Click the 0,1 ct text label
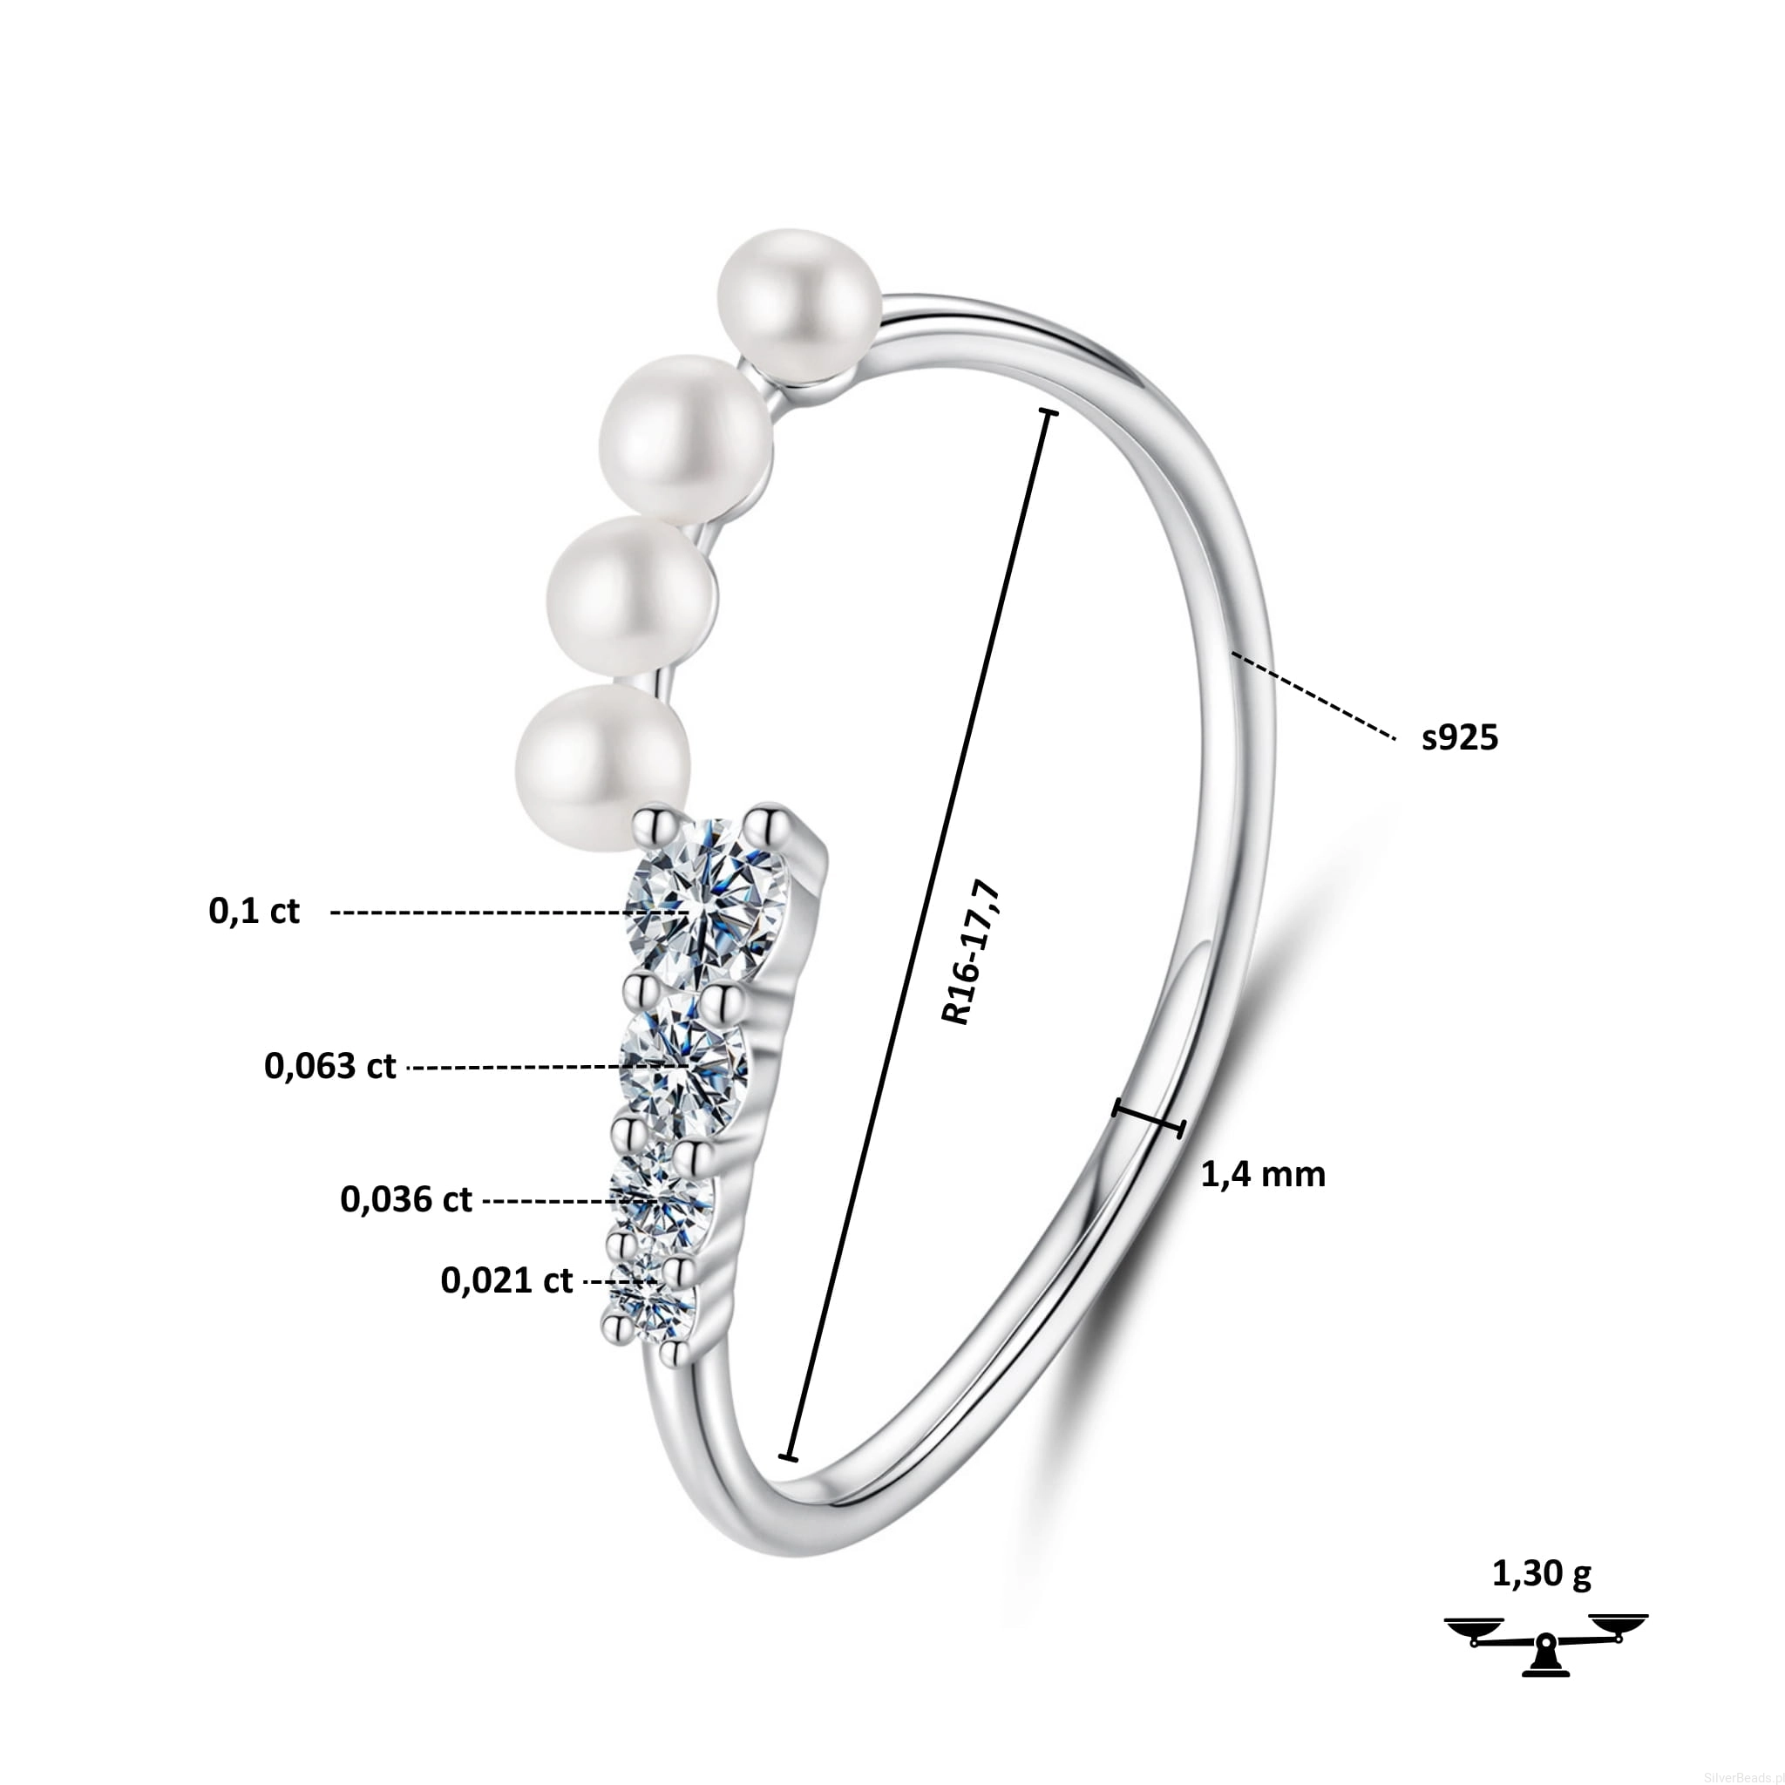click(255, 912)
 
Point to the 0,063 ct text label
click(329, 1066)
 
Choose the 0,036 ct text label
click(405, 1199)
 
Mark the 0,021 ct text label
click(506, 1280)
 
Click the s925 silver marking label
click(1460, 737)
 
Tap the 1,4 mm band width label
click(1263, 1174)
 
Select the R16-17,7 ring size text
click(971, 954)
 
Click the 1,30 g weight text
click(1542, 1573)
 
